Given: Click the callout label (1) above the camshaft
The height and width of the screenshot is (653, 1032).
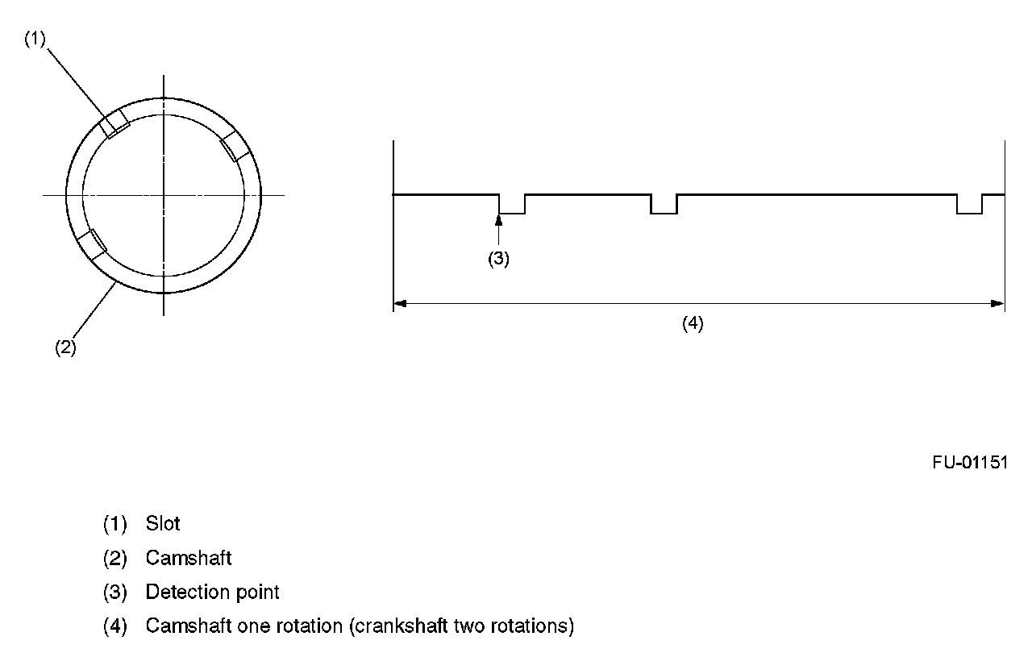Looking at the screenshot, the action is (x=35, y=39).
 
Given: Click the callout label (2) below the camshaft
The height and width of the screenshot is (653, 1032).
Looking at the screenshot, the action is (x=65, y=347).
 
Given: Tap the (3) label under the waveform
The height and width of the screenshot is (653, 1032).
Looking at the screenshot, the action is (x=499, y=259).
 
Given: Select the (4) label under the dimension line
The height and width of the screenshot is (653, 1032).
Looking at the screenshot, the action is (x=693, y=323).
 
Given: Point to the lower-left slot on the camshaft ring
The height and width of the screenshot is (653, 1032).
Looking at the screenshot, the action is (x=93, y=243).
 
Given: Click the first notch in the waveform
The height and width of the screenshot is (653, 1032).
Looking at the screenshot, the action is (x=512, y=205).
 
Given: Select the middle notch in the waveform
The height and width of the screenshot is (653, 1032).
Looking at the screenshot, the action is (x=664, y=205).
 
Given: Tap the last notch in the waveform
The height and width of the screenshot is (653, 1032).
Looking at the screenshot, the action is (x=969, y=205).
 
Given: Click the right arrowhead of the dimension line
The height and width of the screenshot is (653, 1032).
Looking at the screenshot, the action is (x=998, y=304).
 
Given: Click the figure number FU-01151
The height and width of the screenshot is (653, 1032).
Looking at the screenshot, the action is (x=970, y=463).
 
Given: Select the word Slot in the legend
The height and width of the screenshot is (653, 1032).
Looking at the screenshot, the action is (x=163, y=523).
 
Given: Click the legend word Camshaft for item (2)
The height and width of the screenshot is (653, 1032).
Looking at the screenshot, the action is (x=189, y=557).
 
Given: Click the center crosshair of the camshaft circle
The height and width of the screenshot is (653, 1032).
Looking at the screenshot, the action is (x=164, y=195).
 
